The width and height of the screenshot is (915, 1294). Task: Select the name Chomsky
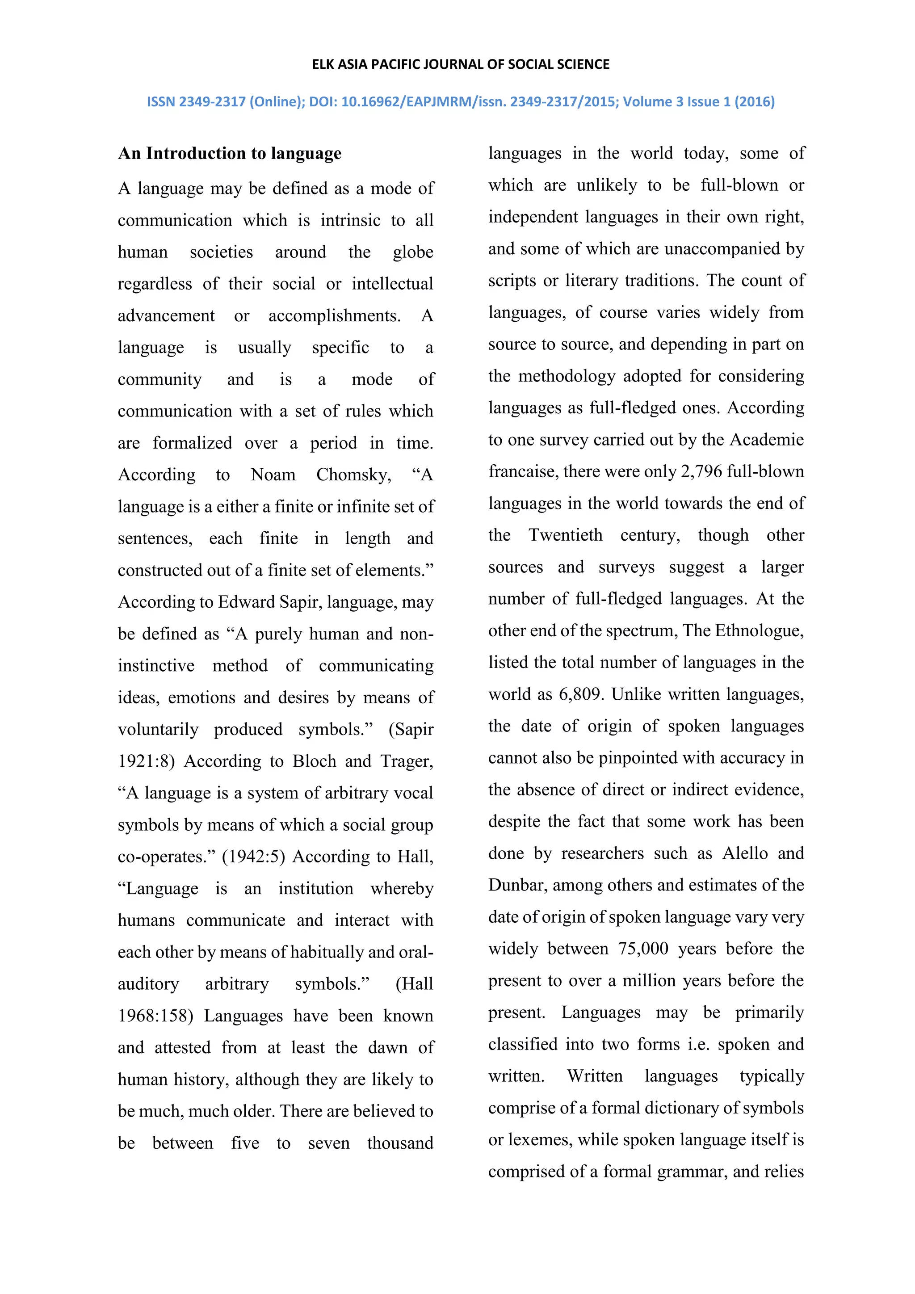tap(353, 475)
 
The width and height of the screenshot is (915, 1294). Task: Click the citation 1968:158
tap(155, 1016)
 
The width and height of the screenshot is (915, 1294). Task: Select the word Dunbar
tap(517, 885)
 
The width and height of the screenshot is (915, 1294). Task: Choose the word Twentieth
tap(565, 535)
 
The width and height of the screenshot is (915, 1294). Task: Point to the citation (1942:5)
tap(253, 856)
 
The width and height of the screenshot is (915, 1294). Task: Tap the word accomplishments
tap(334, 315)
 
